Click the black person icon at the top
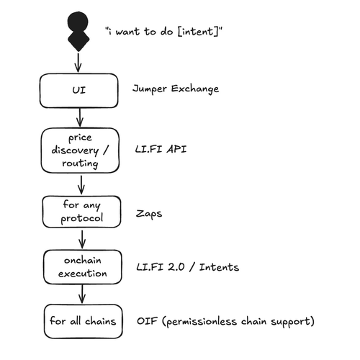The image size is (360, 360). coord(78,31)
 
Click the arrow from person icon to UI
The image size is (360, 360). coord(78,63)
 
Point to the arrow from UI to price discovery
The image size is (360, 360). coord(80,117)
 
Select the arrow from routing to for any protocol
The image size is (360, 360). coord(81,185)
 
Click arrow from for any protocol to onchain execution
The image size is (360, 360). coord(82,239)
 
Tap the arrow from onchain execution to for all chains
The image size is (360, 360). coord(82,294)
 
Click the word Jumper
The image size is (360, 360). coord(150,89)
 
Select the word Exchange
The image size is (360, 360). coord(195,89)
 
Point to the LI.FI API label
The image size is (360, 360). coord(161,149)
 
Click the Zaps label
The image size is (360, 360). coord(149,214)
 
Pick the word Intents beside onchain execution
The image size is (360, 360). coord(219,267)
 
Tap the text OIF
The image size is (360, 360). coord(147,321)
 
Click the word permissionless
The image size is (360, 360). coord(202,322)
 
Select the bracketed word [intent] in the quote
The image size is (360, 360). coord(198,32)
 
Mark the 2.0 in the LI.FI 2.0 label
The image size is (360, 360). coord(176,267)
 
